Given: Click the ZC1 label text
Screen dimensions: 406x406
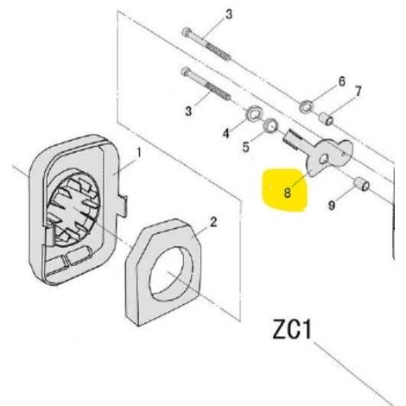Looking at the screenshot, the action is (292, 329).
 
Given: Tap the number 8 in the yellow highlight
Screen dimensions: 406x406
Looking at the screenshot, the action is (287, 192).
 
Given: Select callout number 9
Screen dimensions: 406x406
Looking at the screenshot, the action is (332, 206).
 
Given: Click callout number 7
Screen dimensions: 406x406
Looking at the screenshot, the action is (358, 92).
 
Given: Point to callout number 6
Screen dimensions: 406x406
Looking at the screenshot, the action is (341, 81).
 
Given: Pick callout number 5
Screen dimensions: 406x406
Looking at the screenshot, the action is (245, 147).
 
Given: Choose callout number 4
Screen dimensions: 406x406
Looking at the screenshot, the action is (226, 133).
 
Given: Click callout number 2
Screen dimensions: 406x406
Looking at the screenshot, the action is (213, 222).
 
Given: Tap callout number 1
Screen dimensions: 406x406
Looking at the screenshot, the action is (139, 153).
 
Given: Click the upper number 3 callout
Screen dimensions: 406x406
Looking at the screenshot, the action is (229, 15).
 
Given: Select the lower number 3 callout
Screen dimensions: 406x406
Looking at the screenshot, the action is (188, 111).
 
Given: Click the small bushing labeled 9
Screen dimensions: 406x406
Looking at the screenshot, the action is (361, 184).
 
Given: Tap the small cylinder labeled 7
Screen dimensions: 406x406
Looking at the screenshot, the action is (327, 119).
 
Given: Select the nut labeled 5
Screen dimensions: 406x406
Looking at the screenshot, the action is (271, 125).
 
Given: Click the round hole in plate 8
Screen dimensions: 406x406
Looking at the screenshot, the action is (323, 159).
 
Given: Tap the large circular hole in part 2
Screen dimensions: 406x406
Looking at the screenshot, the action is (171, 274).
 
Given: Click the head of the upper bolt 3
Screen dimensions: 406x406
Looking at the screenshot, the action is (186, 32).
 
